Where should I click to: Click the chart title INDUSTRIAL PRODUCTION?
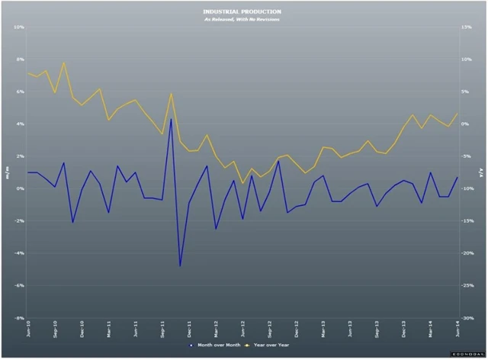[x=242, y=12]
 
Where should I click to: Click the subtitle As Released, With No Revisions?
[x=242, y=20]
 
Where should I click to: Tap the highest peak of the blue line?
[x=171, y=118]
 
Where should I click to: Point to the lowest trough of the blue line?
[x=180, y=265]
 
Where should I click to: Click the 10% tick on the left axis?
[x=21, y=27]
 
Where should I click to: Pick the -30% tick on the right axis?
[x=467, y=318]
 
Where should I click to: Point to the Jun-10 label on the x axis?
[x=29, y=330]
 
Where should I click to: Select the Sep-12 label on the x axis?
[x=270, y=330]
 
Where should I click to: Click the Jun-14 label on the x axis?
[x=457, y=330]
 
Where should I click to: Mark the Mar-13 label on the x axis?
[x=323, y=330]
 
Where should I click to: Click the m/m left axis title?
[x=7, y=172]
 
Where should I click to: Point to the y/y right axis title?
[x=481, y=172]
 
